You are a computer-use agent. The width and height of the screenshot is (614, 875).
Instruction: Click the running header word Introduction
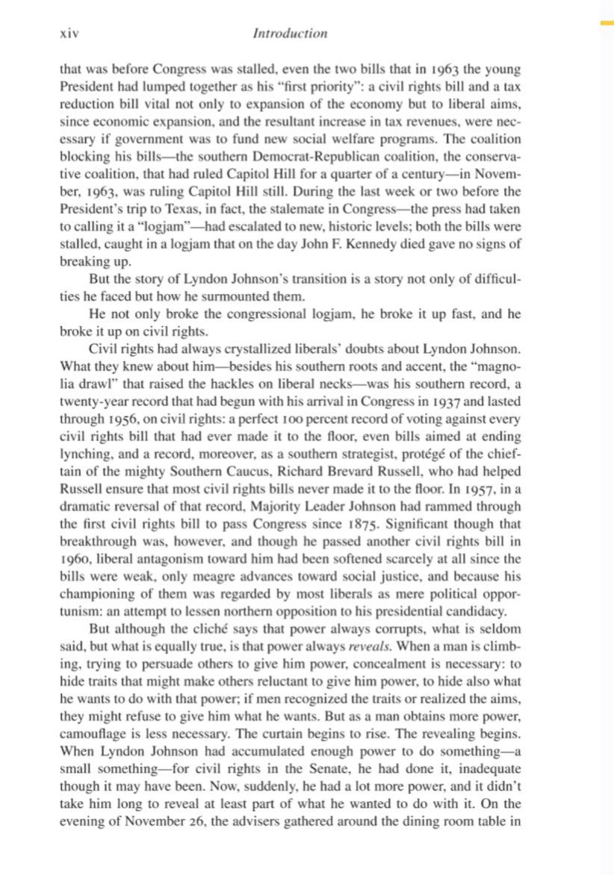click(290, 34)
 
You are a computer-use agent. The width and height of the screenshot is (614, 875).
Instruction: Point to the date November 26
click(156, 810)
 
